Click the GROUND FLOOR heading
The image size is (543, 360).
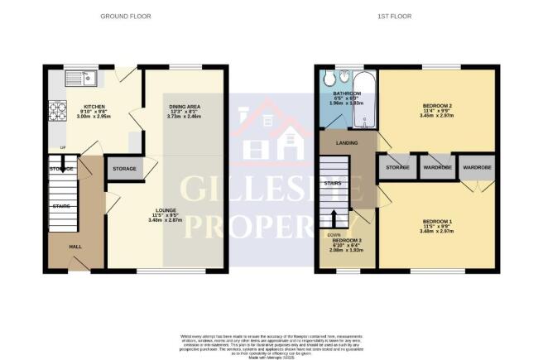point(123,16)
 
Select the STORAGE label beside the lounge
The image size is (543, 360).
point(125,169)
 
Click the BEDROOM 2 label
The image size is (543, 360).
point(435,107)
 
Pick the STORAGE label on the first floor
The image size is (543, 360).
point(396,167)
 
